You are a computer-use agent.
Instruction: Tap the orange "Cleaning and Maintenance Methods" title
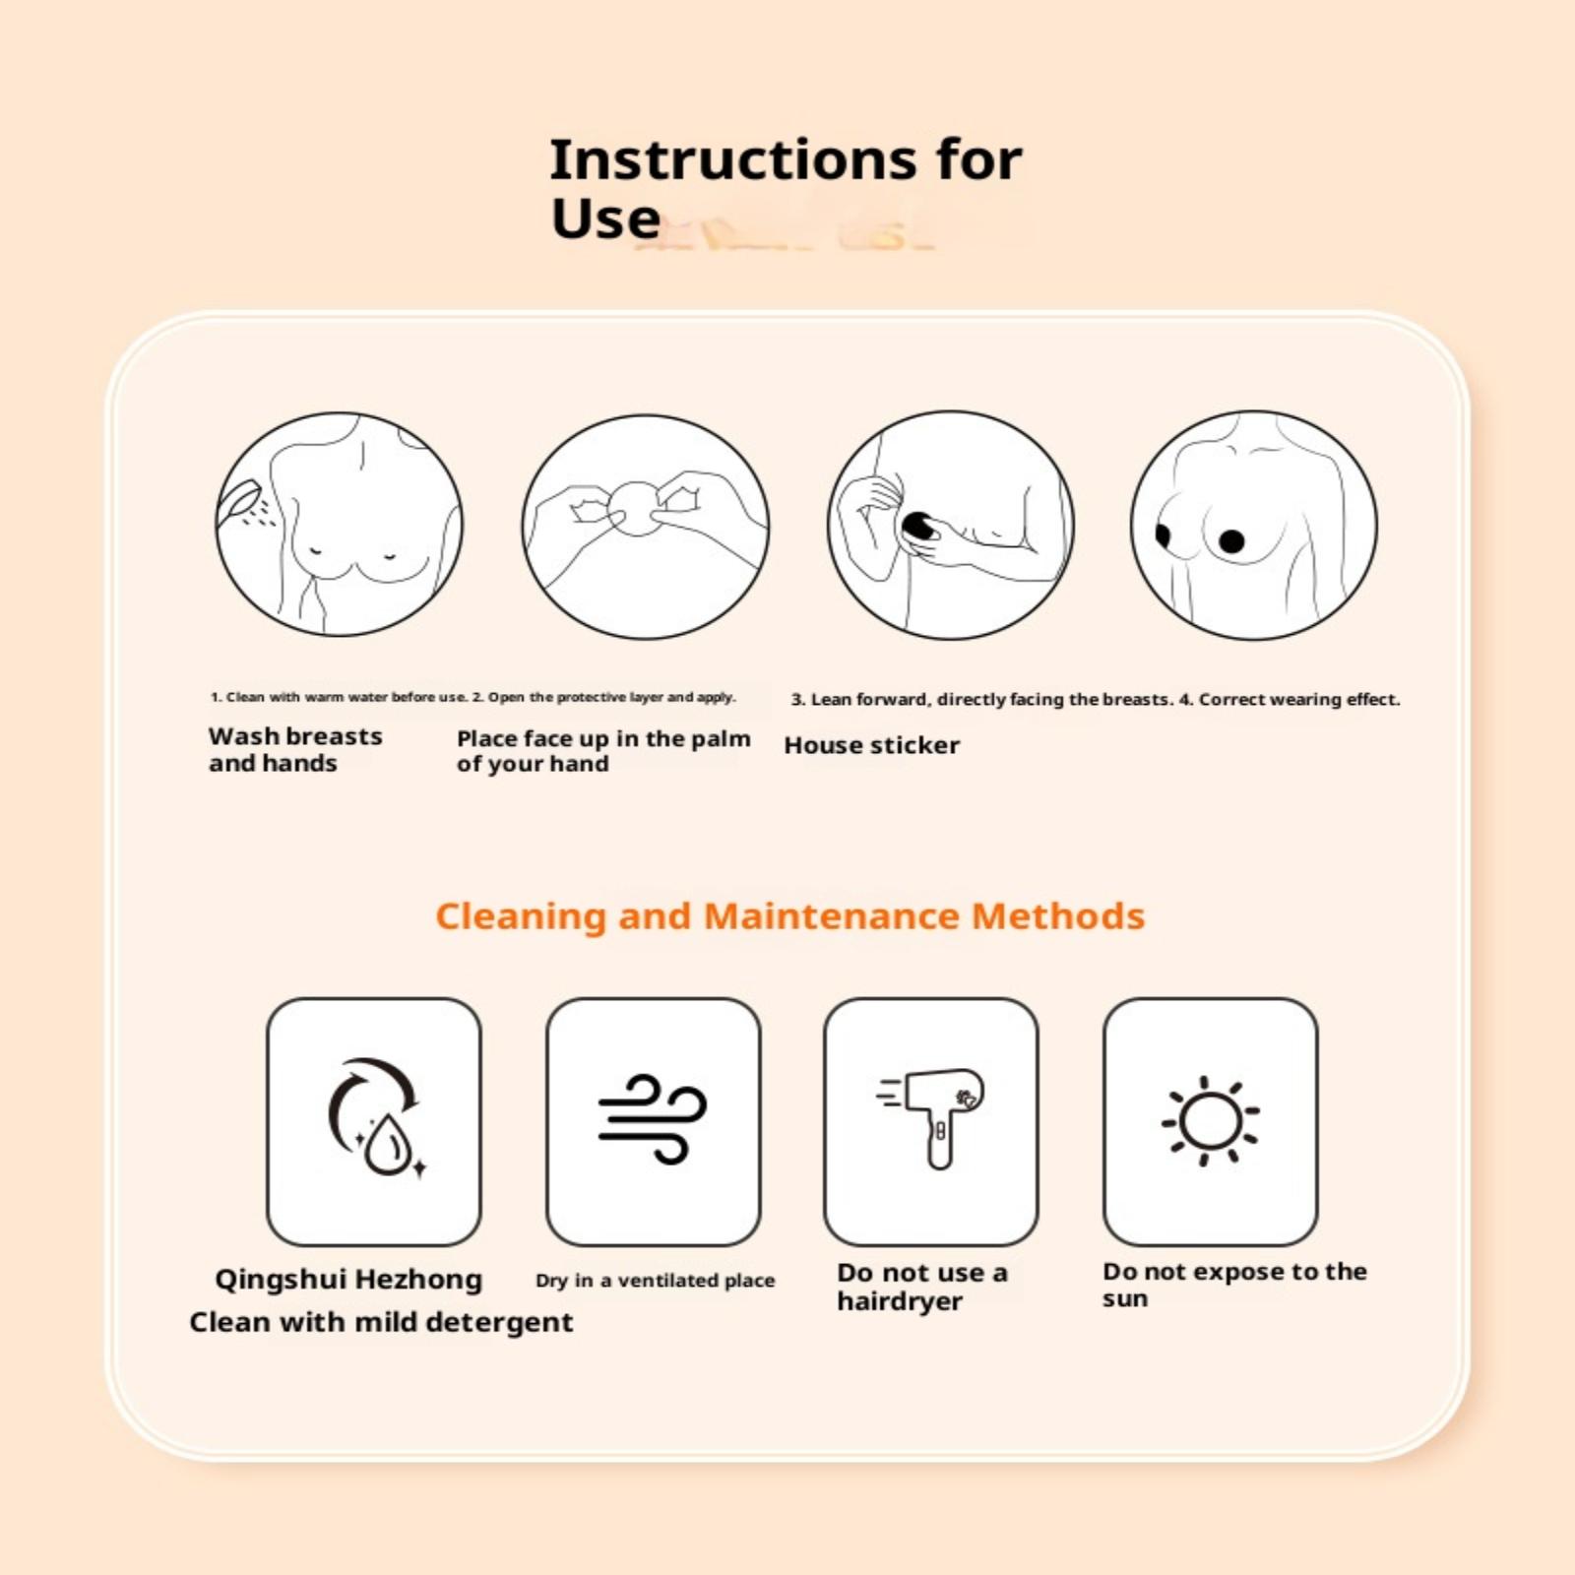point(789,916)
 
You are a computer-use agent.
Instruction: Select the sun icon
point(1210,1121)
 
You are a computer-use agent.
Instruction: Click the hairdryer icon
point(932,1116)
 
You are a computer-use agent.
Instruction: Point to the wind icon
point(653,1119)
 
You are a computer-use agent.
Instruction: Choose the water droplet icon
point(388,1143)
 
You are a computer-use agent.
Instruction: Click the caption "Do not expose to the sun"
point(1234,1285)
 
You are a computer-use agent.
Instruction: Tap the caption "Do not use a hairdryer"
point(922,1287)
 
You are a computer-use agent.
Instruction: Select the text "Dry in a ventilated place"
point(655,1280)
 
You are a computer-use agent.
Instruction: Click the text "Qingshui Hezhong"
point(348,1279)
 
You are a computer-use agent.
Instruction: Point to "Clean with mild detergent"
point(381,1322)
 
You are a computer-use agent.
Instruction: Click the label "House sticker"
point(871,745)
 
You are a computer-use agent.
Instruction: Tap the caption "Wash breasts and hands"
point(295,749)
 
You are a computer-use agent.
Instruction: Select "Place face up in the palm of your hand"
point(603,751)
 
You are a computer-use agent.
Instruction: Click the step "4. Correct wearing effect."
point(1290,699)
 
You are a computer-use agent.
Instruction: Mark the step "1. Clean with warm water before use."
point(339,697)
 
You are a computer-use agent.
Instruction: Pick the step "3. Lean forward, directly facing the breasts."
point(982,699)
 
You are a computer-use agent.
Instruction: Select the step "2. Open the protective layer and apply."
point(603,697)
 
